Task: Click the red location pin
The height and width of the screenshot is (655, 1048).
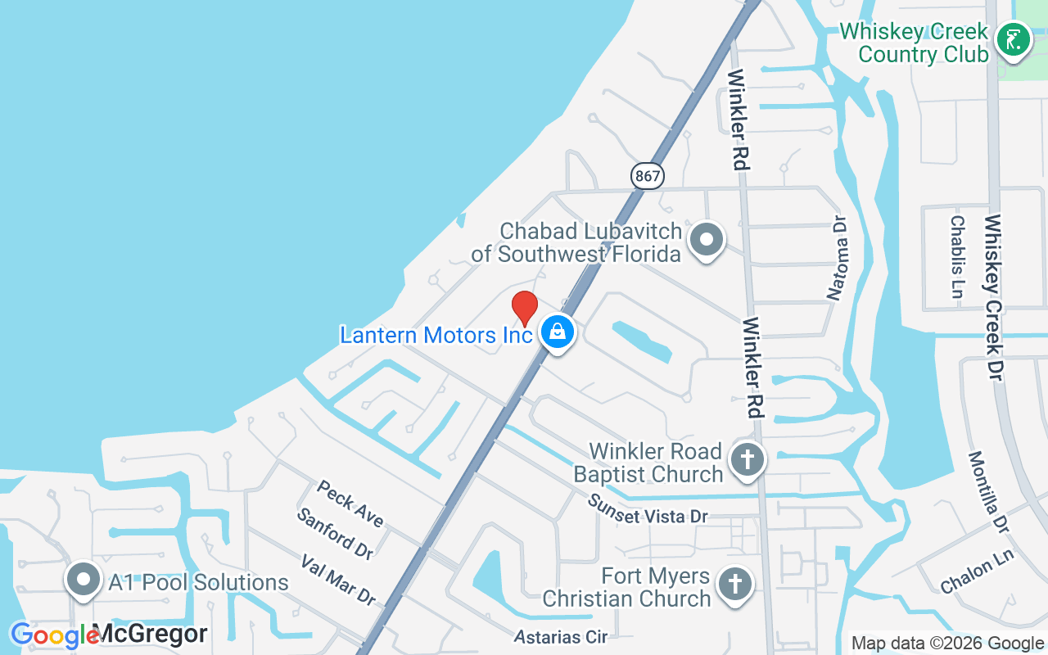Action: pos(525,309)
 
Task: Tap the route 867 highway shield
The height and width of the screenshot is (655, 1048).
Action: pos(647,175)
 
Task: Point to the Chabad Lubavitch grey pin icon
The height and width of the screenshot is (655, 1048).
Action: pos(706,241)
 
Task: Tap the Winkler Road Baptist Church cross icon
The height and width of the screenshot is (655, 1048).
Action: pos(747,459)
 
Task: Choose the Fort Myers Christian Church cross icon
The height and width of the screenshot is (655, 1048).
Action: pos(734,585)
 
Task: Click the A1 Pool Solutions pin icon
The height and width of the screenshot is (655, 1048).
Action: pos(83,580)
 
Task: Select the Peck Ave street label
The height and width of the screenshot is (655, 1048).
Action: pos(350,503)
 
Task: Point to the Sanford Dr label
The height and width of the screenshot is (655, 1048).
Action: pos(335,533)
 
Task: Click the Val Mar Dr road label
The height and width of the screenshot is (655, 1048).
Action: pos(338,580)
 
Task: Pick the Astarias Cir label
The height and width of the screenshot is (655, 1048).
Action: pos(561,636)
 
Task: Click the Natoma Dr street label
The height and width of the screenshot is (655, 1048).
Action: pos(838,259)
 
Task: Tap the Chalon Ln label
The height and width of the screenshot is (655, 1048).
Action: pos(977,571)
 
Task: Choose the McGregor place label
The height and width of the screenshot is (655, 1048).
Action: pos(149,634)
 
